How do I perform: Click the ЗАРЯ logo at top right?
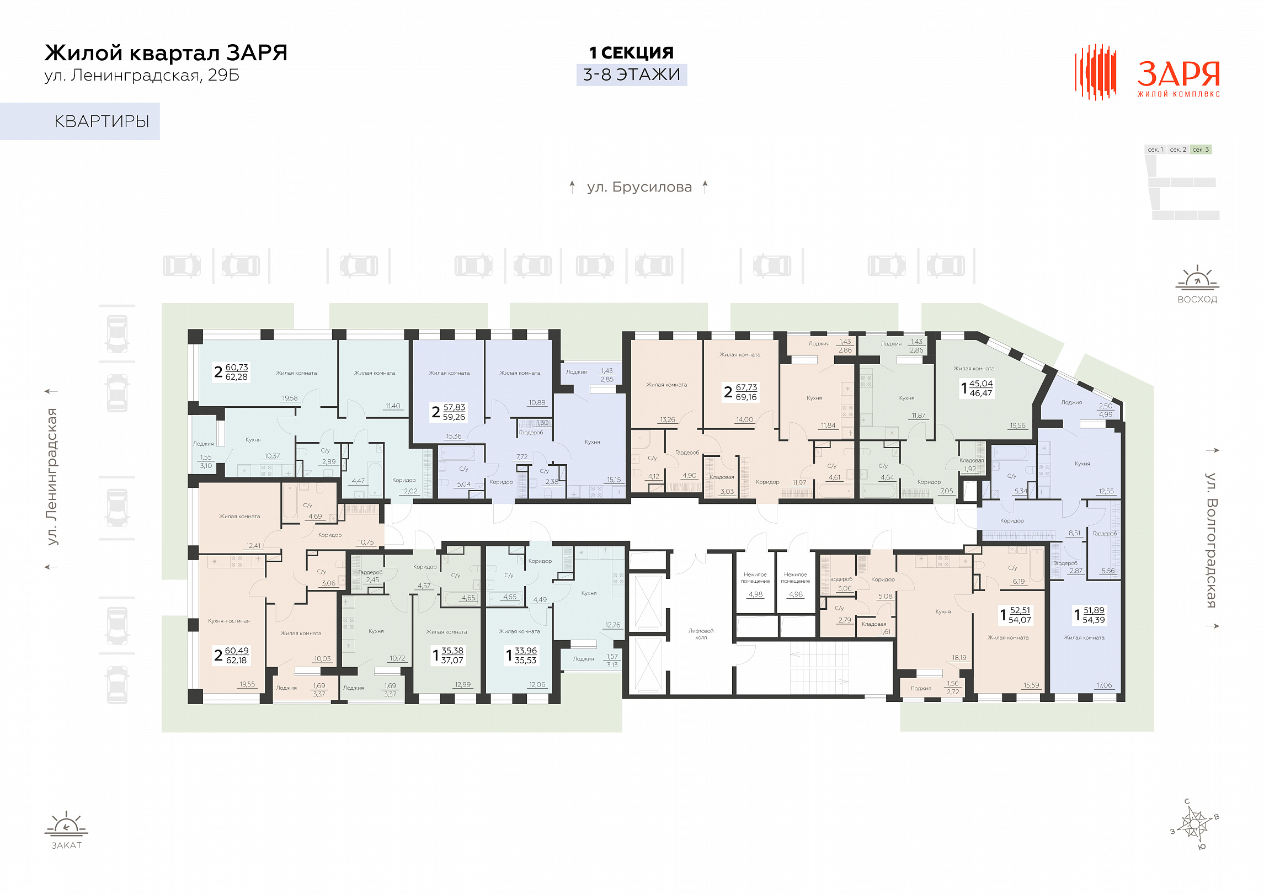[x=1147, y=72]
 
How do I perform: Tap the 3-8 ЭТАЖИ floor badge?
[x=632, y=74]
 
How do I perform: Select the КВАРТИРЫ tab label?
[x=102, y=121]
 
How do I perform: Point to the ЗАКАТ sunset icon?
[x=66, y=823]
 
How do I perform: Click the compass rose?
[x=1195, y=824]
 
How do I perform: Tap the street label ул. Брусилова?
[x=639, y=187]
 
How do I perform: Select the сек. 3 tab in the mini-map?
[x=1201, y=150]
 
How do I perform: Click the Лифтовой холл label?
[x=701, y=634]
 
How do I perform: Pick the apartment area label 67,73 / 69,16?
[x=746, y=392]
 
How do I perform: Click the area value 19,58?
[x=290, y=398]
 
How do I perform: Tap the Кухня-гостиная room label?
[x=229, y=621]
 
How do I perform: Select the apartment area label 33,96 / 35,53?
[x=525, y=656]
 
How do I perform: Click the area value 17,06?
[x=1104, y=685]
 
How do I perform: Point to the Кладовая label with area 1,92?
[x=972, y=460]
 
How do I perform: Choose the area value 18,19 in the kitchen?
[x=959, y=657]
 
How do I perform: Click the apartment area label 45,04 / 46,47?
[x=980, y=389]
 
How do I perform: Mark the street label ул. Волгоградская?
[x=1210, y=540]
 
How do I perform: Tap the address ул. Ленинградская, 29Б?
[x=142, y=75]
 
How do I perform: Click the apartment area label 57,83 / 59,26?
[x=454, y=412]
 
